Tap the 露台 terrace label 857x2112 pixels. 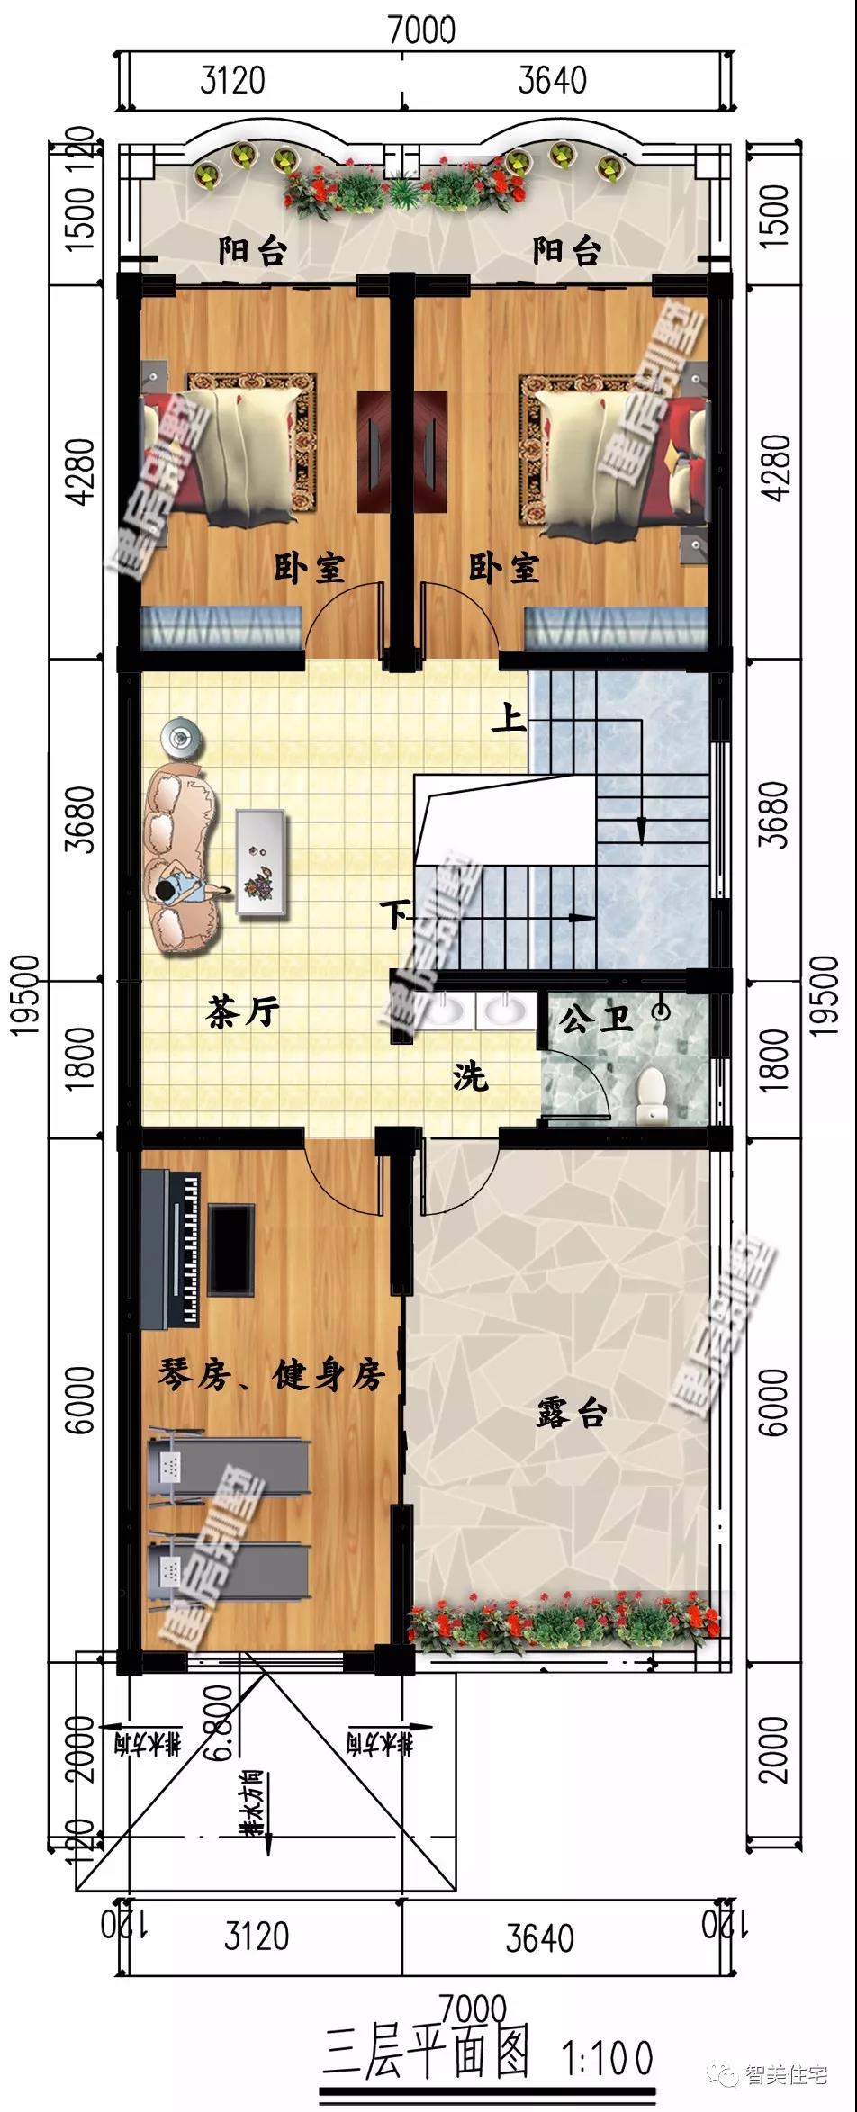tap(572, 1413)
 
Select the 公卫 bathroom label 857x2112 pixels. tap(596, 1020)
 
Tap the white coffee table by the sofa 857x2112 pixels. tap(261, 862)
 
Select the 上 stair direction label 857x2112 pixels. tap(509, 719)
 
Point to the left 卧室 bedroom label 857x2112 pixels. tap(310, 568)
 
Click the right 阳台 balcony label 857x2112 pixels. tap(566, 250)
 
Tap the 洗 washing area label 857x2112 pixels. tap(470, 1074)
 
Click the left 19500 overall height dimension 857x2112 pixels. tap(26, 994)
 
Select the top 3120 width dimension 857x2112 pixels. tap(232, 80)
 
